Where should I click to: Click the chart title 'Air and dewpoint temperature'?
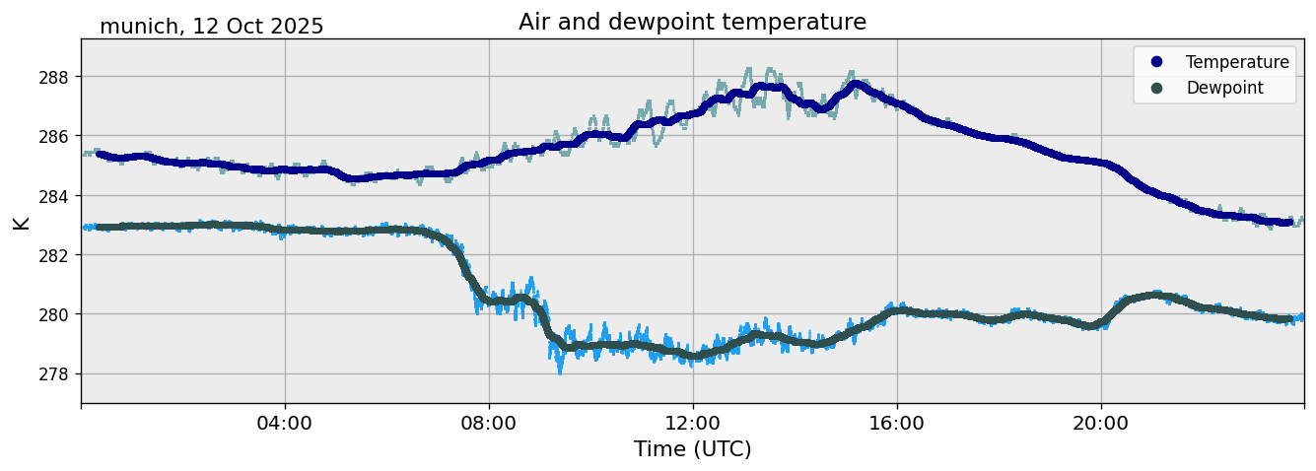[x=692, y=22]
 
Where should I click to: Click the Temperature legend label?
[x=1237, y=62]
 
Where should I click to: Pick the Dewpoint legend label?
[x=1224, y=88]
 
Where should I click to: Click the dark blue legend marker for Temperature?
[x=1156, y=62]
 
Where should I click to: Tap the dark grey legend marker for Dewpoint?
[x=1156, y=88]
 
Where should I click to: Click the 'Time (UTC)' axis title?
[x=692, y=449]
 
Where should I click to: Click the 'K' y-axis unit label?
[x=22, y=223]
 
